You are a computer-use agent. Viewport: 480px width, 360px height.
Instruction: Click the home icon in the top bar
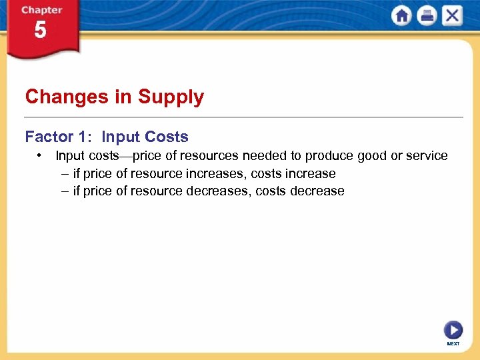pyautogui.click(x=401, y=16)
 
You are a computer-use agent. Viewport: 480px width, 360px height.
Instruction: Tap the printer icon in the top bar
pyautogui.click(x=427, y=16)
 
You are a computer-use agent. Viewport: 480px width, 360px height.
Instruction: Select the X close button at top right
pyautogui.click(x=452, y=16)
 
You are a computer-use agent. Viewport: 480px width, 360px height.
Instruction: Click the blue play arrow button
pyautogui.click(x=453, y=330)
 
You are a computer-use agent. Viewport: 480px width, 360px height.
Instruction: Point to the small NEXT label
pyautogui.click(x=453, y=344)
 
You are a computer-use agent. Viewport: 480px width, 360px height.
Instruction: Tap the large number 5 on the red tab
pyautogui.click(x=41, y=31)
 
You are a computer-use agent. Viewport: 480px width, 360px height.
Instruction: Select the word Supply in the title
pyautogui.click(x=171, y=97)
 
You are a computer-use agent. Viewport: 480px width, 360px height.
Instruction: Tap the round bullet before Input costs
pyautogui.click(x=41, y=155)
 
